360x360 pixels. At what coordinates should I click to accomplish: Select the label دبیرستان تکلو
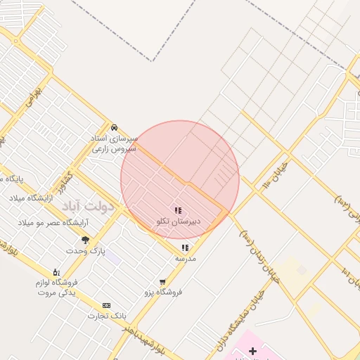[x=178, y=221]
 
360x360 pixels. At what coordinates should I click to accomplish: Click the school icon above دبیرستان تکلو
[x=178, y=210]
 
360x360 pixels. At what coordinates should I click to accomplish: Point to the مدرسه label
[x=185, y=259]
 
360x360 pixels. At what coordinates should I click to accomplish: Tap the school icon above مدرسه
[x=185, y=247]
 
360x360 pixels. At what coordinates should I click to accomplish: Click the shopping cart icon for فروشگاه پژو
[x=163, y=281]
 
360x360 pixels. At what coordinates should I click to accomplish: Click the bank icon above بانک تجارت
[x=106, y=305]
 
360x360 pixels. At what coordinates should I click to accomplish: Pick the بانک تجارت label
[x=101, y=316]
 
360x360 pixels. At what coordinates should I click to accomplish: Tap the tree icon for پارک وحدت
[x=86, y=240]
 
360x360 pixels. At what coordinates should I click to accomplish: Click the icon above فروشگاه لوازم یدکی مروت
[x=56, y=272]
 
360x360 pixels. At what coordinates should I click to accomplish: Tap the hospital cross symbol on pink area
[x=252, y=350]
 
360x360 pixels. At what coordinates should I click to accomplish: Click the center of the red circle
[x=180, y=179]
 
